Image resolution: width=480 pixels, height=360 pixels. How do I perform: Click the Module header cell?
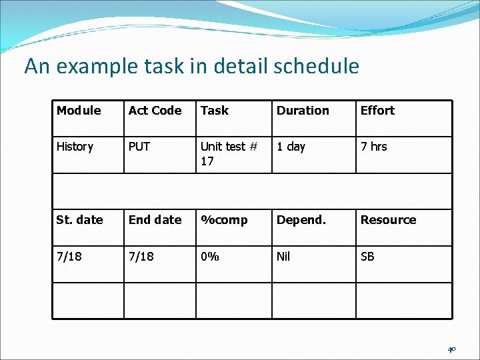[79, 111]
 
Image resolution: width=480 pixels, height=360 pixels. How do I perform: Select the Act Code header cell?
[155, 111]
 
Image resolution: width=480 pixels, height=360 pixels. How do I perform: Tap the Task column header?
[215, 111]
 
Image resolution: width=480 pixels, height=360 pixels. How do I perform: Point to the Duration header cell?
[303, 111]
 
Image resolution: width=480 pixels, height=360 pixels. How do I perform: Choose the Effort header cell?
[377, 111]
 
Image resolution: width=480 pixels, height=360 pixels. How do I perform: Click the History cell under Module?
[75, 147]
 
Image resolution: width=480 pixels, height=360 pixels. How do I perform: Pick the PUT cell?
[139, 147]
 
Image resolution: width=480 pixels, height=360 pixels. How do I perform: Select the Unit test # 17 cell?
[229, 153]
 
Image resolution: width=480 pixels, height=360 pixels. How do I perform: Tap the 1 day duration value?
[291, 147]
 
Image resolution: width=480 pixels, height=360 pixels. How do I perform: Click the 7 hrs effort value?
[373, 147]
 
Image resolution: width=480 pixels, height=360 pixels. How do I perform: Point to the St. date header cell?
[79, 220]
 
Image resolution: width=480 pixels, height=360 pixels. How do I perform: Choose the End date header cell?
[155, 220]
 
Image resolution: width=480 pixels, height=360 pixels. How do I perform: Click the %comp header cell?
[224, 220]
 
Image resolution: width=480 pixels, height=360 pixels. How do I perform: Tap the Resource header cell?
[388, 220]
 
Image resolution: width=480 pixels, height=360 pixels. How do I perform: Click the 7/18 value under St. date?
[70, 257]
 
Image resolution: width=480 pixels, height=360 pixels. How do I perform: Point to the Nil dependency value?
[283, 257]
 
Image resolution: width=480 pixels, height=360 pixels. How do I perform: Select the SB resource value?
[367, 257]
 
